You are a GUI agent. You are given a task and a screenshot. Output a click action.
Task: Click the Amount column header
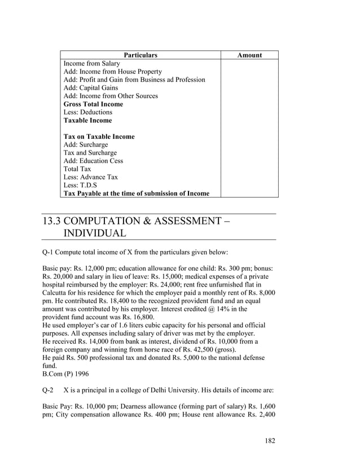tap(249, 55)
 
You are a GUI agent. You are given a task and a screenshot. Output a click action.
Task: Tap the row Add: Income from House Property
tap(112, 72)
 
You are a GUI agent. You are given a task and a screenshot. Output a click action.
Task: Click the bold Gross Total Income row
tap(93, 104)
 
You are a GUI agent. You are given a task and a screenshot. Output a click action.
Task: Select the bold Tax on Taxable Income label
tap(99, 137)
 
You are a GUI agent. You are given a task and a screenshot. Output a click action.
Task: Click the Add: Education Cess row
tap(93, 161)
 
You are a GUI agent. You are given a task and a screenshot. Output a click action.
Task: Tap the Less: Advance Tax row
tap(90, 177)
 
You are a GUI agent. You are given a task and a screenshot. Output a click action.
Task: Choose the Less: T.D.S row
tap(80, 185)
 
